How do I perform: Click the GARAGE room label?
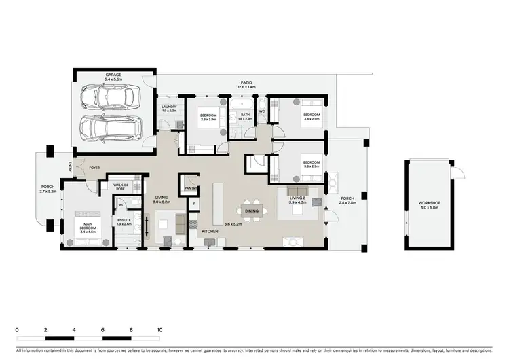click(113, 75)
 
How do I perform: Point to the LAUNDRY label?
click(170, 107)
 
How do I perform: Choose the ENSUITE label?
click(124, 220)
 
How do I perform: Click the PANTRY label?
click(190, 189)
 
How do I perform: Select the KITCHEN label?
click(209, 232)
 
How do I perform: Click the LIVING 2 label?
click(297, 198)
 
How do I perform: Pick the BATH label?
click(246, 115)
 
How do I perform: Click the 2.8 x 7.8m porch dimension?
click(347, 203)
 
